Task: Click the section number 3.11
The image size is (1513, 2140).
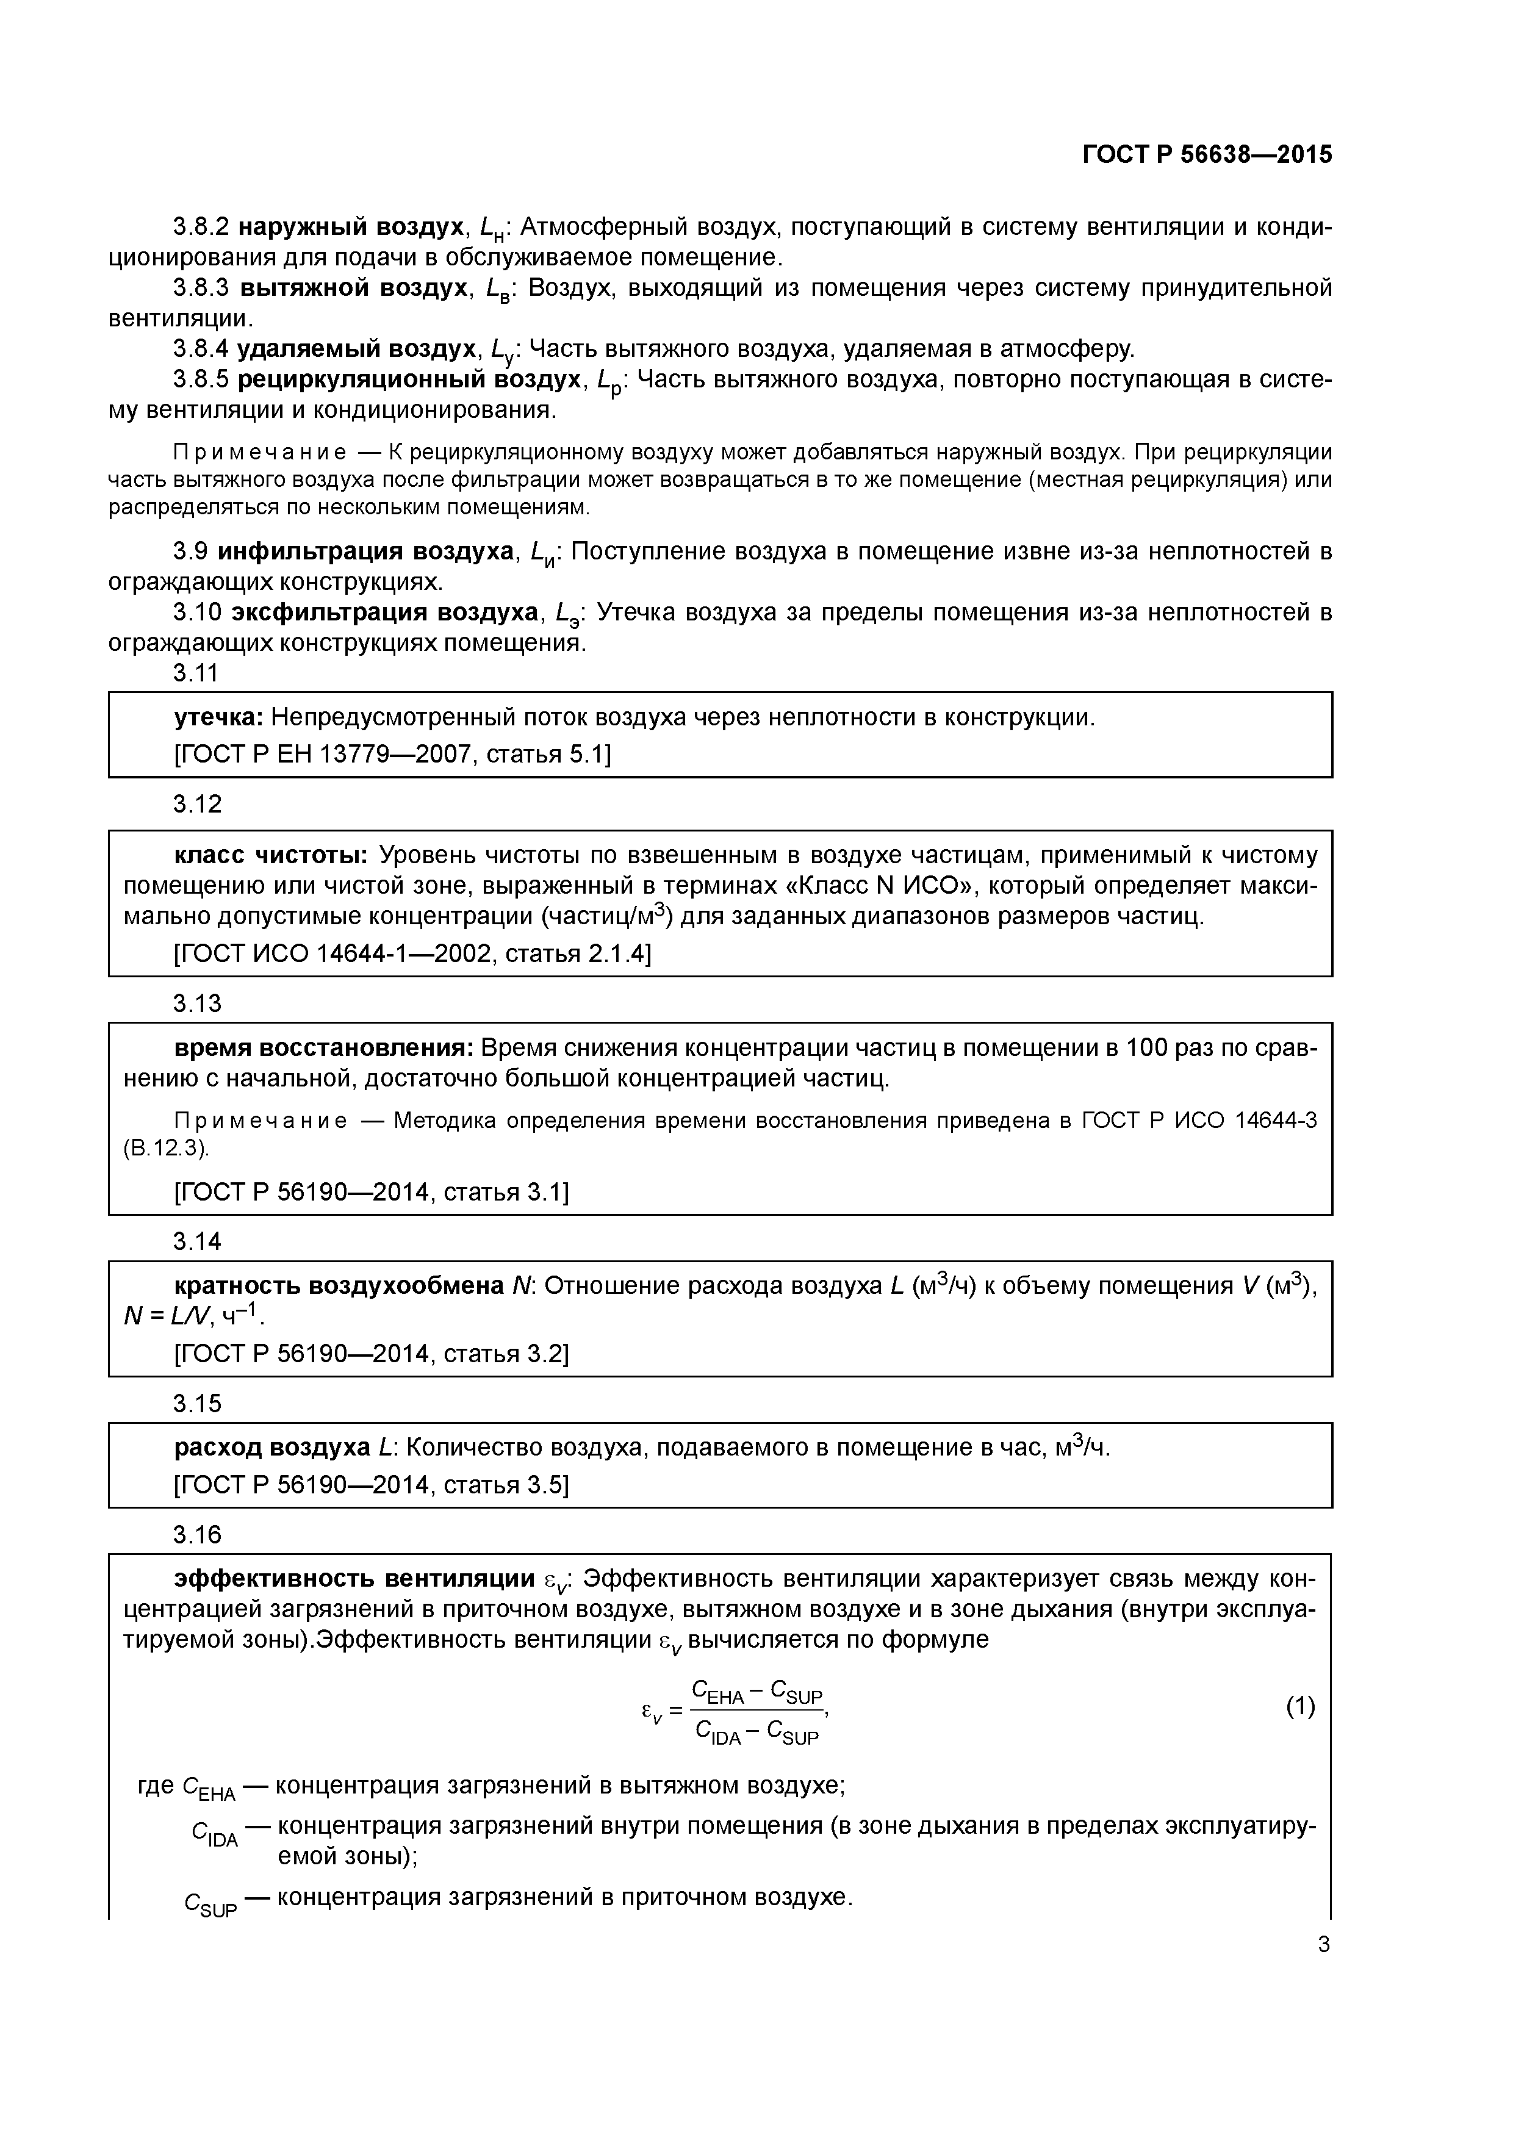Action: [196, 672]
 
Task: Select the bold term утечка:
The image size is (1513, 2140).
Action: [219, 717]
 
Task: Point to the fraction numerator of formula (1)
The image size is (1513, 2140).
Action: [756, 1692]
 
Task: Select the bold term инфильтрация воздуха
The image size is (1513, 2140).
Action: [364, 552]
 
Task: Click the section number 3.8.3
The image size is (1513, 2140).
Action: [201, 288]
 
